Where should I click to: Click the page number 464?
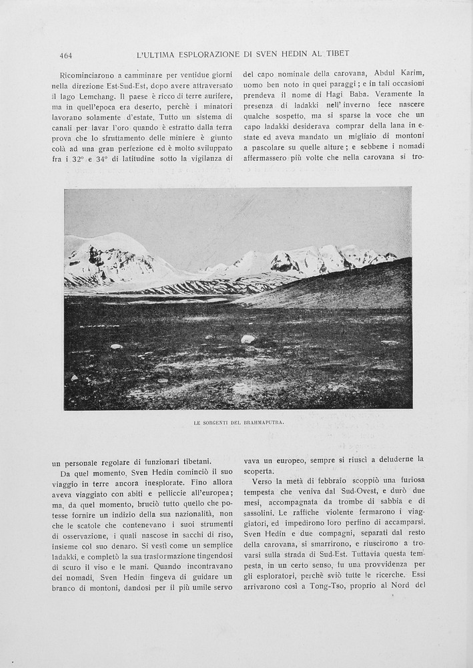coord(65,55)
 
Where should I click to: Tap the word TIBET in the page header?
coord(336,54)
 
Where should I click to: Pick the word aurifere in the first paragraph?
coord(214,97)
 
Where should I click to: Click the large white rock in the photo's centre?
coord(248,339)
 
